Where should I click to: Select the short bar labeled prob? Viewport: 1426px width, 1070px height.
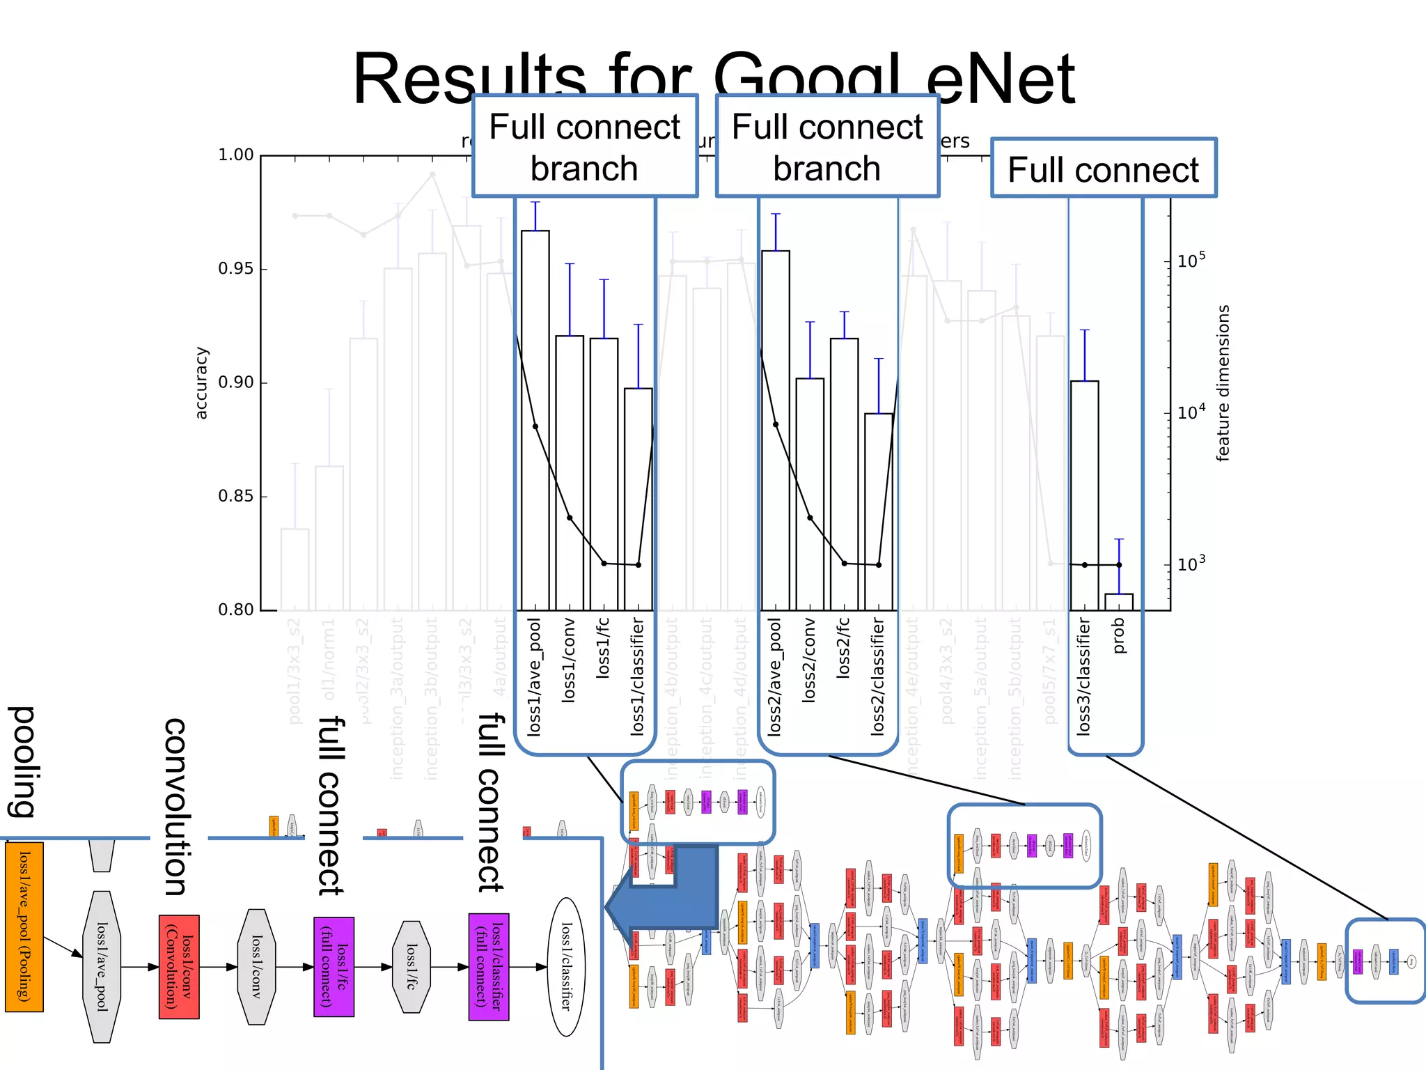(x=1119, y=602)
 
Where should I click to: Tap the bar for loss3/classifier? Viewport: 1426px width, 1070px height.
(x=1084, y=495)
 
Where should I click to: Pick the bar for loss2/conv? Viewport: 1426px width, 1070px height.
(x=810, y=494)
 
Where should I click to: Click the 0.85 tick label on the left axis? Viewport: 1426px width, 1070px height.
(x=236, y=497)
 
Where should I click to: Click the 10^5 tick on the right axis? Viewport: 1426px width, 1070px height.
(x=1191, y=261)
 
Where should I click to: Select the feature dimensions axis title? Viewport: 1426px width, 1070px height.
(x=1223, y=383)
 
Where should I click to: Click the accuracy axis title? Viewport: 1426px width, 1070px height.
(x=201, y=383)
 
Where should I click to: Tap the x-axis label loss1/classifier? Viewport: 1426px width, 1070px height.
(x=637, y=676)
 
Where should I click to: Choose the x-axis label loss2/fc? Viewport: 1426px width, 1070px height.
(x=843, y=648)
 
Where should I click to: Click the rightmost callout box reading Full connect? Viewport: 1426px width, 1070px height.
(x=1104, y=169)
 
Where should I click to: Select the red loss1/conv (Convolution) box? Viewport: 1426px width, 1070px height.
(x=179, y=967)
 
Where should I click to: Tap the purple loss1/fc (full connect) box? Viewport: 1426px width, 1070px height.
(x=334, y=967)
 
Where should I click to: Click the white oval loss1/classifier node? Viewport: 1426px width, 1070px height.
(x=567, y=967)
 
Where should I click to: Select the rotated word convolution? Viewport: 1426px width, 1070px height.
(x=175, y=806)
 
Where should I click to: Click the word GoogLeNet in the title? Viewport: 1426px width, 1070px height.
(x=894, y=79)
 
